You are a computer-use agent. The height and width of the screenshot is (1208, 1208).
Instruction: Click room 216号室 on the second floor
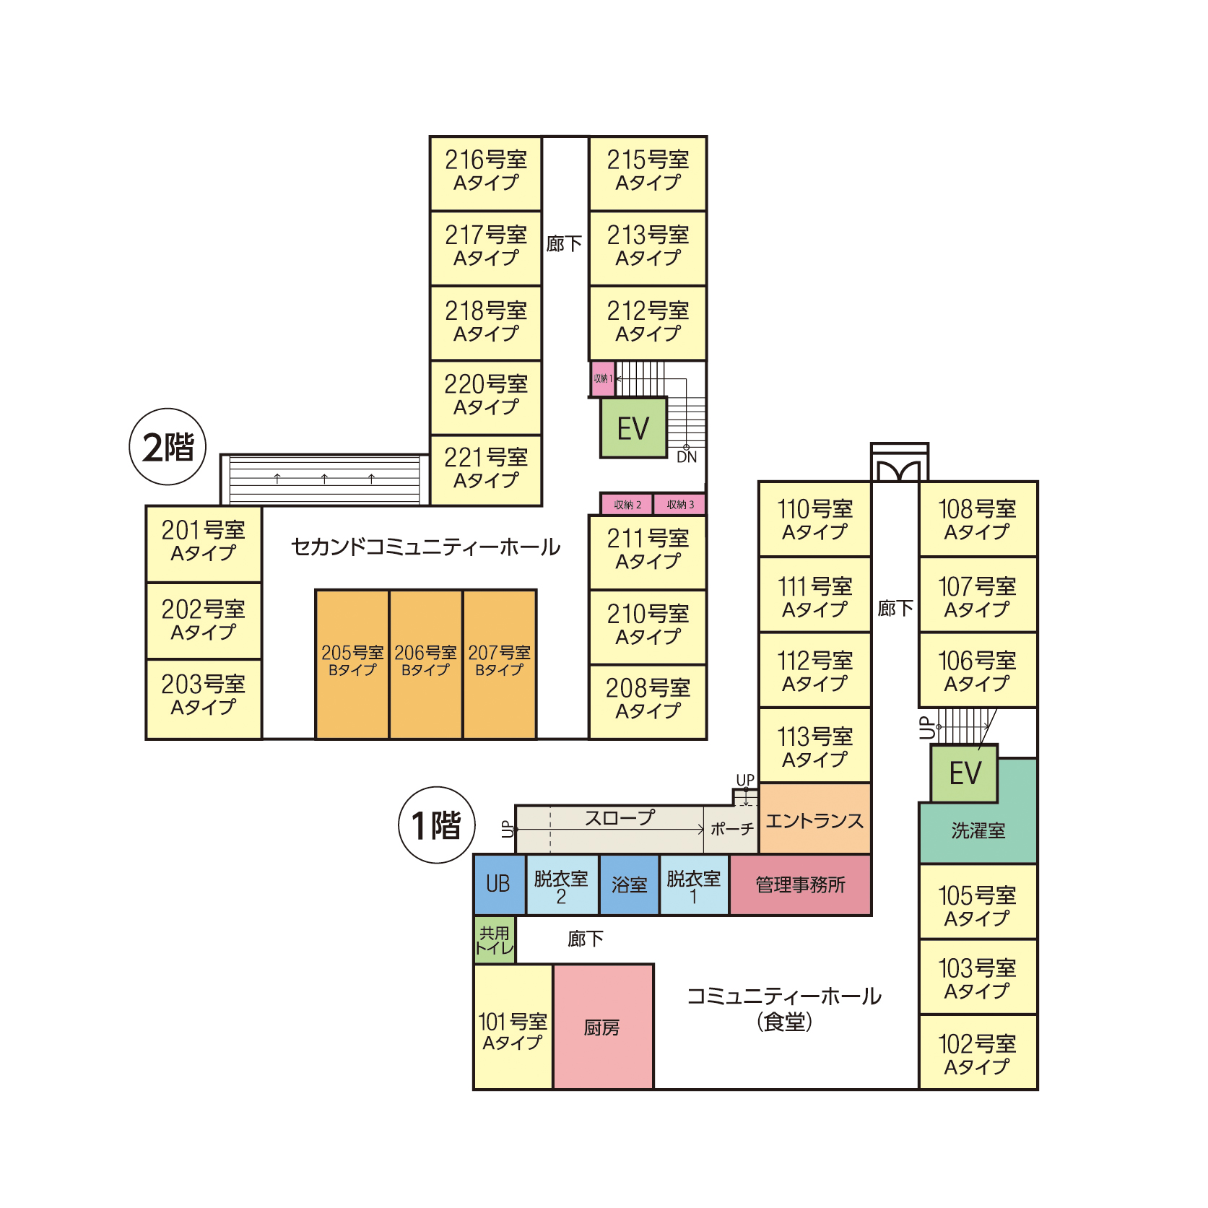pos(485,172)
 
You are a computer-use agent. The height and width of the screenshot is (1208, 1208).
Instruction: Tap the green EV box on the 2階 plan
pos(633,428)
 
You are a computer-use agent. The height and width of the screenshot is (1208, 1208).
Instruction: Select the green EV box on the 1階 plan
pos(965,773)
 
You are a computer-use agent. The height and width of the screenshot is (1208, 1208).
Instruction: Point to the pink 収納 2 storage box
pos(627,504)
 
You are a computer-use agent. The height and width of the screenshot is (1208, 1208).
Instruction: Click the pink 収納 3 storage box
pos(679,504)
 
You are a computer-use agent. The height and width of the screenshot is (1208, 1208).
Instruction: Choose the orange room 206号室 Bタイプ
pos(425,663)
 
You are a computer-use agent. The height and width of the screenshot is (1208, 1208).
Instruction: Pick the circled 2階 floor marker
pos(168,447)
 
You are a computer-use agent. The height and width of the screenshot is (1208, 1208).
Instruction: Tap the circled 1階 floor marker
pos(437,825)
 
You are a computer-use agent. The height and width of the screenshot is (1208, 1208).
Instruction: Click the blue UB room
pos(498,885)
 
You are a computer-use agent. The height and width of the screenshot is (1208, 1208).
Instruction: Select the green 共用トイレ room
pos(494,940)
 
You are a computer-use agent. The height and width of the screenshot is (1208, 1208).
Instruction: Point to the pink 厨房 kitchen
pos(603,1027)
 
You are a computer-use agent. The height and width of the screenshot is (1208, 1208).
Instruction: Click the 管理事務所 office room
pos(800,885)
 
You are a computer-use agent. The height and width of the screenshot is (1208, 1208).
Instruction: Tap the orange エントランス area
pos(814,820)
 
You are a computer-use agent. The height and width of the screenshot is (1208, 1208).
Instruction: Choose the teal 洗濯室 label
pos(978,830)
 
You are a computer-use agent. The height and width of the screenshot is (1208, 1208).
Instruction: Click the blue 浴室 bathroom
pos(629,885)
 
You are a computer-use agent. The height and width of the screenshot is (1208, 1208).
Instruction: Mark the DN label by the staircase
pos(687,457)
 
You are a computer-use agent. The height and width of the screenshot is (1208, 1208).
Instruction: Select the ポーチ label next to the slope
pos(731,829)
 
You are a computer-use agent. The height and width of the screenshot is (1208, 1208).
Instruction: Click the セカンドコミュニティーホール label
pos(425,547)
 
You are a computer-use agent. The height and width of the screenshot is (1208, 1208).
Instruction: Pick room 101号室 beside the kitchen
pos(513,1031)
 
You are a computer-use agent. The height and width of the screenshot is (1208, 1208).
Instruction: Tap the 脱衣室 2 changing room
pos(561,886)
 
